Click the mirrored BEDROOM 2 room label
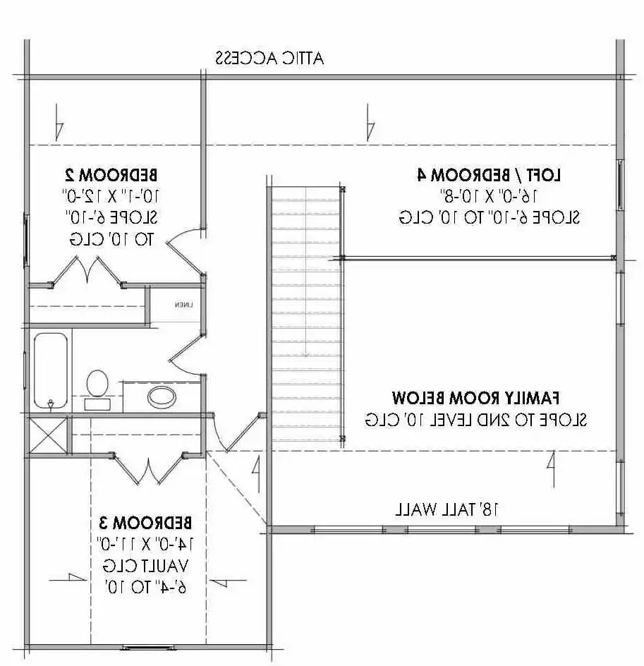(x=118, y=174)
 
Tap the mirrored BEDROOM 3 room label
(x=146, y=523)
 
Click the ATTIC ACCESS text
(x=269, y=58)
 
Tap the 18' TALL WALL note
(x=451, y=508)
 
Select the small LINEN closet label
(x=183, y=305)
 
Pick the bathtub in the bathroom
(x=51, y=370)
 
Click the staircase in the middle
(x=305, y=314)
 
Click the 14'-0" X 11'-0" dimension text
(x=146, y=544)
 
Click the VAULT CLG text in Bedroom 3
(x=146, y=565)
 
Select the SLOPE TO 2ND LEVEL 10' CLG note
(x=476, y=419)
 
